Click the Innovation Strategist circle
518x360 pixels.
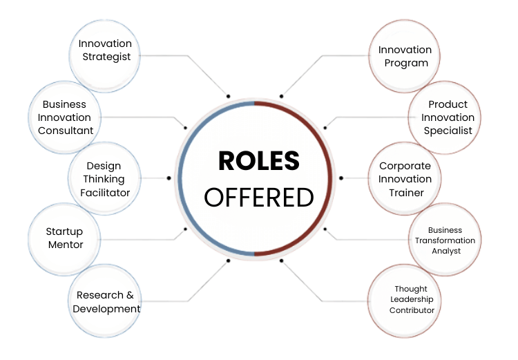click(106, 50)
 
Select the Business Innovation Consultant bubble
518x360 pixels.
click(65, 117)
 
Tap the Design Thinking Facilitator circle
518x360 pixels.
click(104, 179)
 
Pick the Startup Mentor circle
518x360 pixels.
click(64, 238)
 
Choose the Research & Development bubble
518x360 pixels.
click(106, 301)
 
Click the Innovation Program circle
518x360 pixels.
click(405, 57)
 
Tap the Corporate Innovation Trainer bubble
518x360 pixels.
click(405, 179)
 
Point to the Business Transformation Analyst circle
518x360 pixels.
click(445, 240)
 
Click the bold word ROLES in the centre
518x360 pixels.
click(259, 161)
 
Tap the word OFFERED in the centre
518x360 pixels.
click(259, 198)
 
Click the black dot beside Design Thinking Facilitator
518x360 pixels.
click(169, 178)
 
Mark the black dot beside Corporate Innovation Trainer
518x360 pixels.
click(340, 178)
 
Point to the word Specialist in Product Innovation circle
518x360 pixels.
click(448, 131)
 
